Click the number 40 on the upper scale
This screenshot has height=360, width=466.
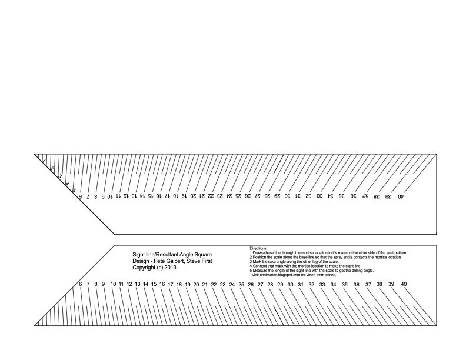pyautogui.click(x=401, y=196)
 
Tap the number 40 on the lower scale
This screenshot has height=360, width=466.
pyautogui.click(x=404, y=284)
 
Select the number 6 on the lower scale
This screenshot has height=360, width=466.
pyautogui.click(x=81, y=284)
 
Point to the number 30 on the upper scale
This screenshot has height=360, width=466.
pyautogui.click(x=287, y=196)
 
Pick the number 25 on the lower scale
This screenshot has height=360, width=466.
pyautogui.click(x=241, y=284)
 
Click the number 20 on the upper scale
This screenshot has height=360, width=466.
pyautogui.click(x=192, y=196)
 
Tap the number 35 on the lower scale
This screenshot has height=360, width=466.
pyautogui.click(x=345, y=284)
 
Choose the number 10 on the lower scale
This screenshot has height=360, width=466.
pyautogui.click(x=113, y=284)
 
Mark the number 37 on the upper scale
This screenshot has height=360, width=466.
pyautogui.click(x=365, y=196)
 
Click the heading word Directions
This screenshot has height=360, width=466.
pyautogui.click(x=258, y=248)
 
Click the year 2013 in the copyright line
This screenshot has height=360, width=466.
pyautogui.click(x=170, y=267)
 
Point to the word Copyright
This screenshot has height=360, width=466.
pyautogui.click(x=145, y=267)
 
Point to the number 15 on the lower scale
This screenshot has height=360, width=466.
pyautogui.click(x=154, y=284)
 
